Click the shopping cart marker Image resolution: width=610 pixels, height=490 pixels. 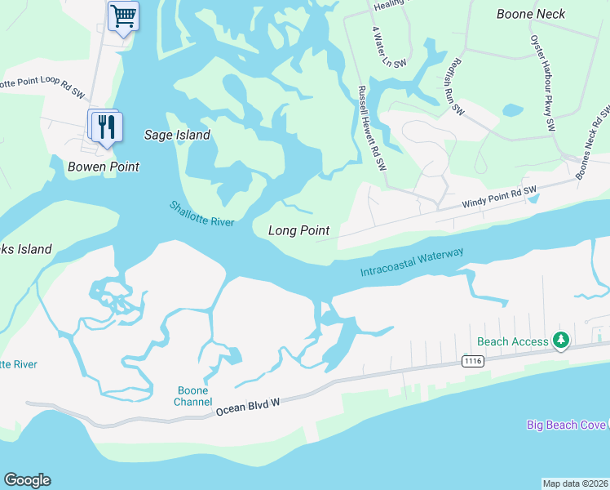click(122, 16)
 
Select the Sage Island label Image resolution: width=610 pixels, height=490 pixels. click(177, 135)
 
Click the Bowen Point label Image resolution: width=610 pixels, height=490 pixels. click(104, 167)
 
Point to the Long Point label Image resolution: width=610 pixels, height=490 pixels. click(298, 230)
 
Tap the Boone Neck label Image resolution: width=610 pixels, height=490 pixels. click(531, 14)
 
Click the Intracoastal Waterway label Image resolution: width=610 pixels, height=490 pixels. click(412, 262)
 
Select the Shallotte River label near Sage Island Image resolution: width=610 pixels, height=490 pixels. click(202, 214)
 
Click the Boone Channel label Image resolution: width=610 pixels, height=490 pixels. click(194, 395)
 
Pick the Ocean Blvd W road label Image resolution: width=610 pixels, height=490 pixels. click(248, 406)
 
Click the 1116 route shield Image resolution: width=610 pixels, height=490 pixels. click(471, 359)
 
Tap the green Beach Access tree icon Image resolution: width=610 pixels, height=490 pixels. click(560, 339)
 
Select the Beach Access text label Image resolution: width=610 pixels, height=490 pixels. click(512, 341)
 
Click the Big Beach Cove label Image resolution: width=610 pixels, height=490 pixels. click(566, 425)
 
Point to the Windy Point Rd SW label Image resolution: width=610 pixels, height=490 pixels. click(498, 196)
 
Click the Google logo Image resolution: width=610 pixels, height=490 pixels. click(27, 480)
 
